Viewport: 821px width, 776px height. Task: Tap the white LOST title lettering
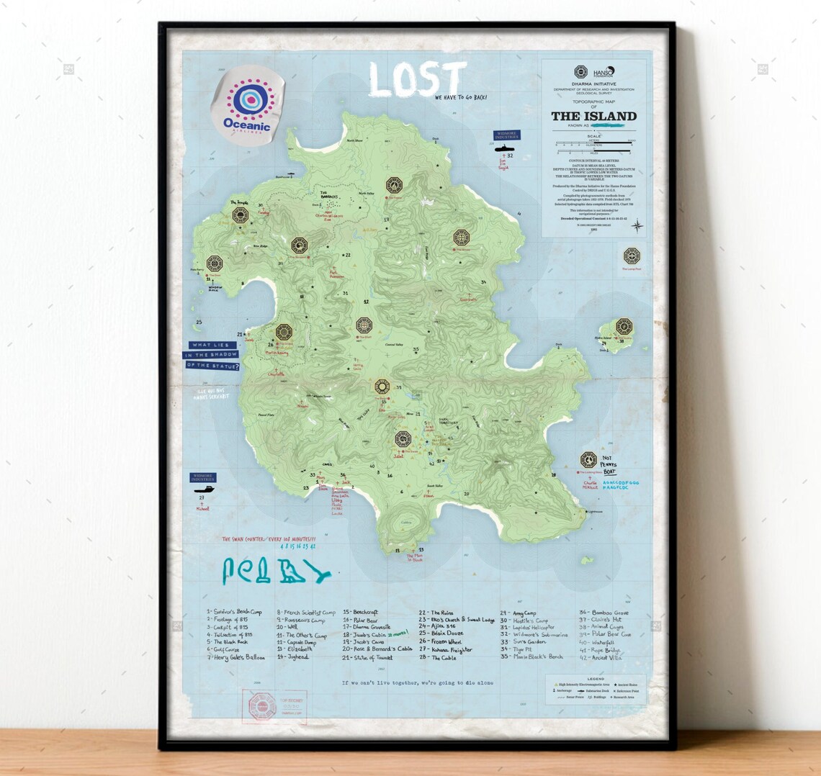[x=417, y=79]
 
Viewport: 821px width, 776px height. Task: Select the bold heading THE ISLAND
[x=593, y=116]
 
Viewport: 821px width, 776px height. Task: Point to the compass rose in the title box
[x=637, y=226]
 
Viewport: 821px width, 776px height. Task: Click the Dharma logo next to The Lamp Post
[x=632, y=256]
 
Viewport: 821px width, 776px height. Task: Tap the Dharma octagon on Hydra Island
[x=624, y=326]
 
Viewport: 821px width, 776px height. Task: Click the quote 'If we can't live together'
[x=418, y=682]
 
